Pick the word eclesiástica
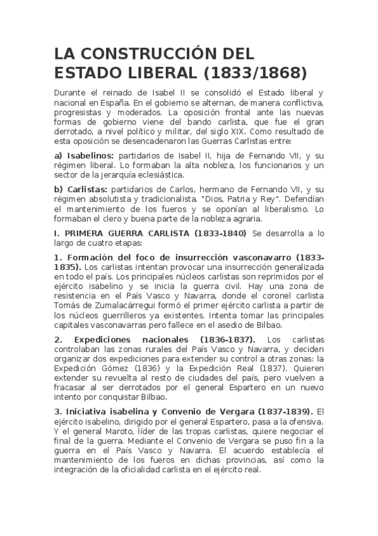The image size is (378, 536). (x=157, y=174)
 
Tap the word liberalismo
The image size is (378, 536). (x=283, y=209)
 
